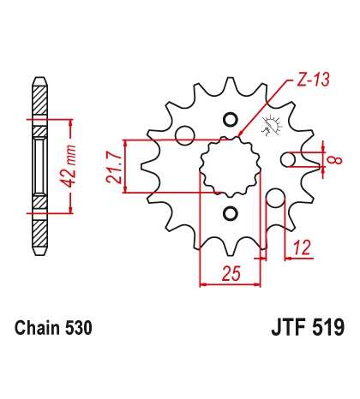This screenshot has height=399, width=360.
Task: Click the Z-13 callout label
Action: pos(313,79)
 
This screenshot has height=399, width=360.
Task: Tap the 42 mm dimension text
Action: pos(69,166)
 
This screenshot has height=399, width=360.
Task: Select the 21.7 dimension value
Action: pos(113,168)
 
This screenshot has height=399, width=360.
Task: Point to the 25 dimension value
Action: pos(231,273)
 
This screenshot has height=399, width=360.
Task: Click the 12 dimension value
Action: pos(301,247)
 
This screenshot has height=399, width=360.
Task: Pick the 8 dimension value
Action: pos(336,160)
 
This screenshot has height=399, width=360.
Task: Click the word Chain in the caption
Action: pos(38,328)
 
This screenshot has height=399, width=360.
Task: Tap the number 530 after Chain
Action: pos(79,328)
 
